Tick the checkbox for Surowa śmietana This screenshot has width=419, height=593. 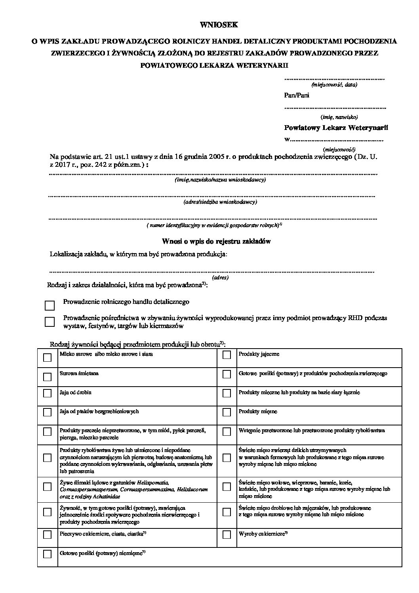pyautogui.click(x=47, y=376)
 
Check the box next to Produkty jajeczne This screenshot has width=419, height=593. pyautogui.click(x=227, y=355)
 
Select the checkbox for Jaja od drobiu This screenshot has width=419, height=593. pyautogui.click(x=47, y=393)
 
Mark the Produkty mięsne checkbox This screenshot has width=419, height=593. pyautogui.click(x=227, y=412)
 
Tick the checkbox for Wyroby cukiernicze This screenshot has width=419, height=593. pyautogui.click(x=227, y=535)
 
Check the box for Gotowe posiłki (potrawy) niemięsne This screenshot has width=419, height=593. pyautogui.click(x=47, y=554)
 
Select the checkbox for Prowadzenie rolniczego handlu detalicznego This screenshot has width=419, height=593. pyautogui.click(x=50, y=305)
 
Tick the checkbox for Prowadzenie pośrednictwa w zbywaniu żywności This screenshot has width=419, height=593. pyautogui.click(x=50, y=321)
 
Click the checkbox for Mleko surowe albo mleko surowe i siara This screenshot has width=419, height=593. pyautogui.click(x=47, y=357)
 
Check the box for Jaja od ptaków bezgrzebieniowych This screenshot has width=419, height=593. pyautogui.click(x=47, y=412)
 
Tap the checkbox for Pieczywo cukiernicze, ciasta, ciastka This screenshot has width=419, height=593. pyautogui.click(x=47, y=535)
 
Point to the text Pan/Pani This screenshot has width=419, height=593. pyautogui.click(x=297, y=95)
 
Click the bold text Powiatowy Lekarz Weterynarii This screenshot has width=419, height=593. pyautogui.click(x=336, y=128)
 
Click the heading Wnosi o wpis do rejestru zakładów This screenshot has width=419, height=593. pyautogui.click(x=216, y=241)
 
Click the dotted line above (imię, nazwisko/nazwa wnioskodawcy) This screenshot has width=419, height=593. pyautogui.click(x=213, y=174)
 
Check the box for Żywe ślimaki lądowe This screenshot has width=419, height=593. pyautogui.click(x=47, y=486)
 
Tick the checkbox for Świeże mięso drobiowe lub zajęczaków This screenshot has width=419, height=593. pyautogui.click(x=227, y=511)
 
